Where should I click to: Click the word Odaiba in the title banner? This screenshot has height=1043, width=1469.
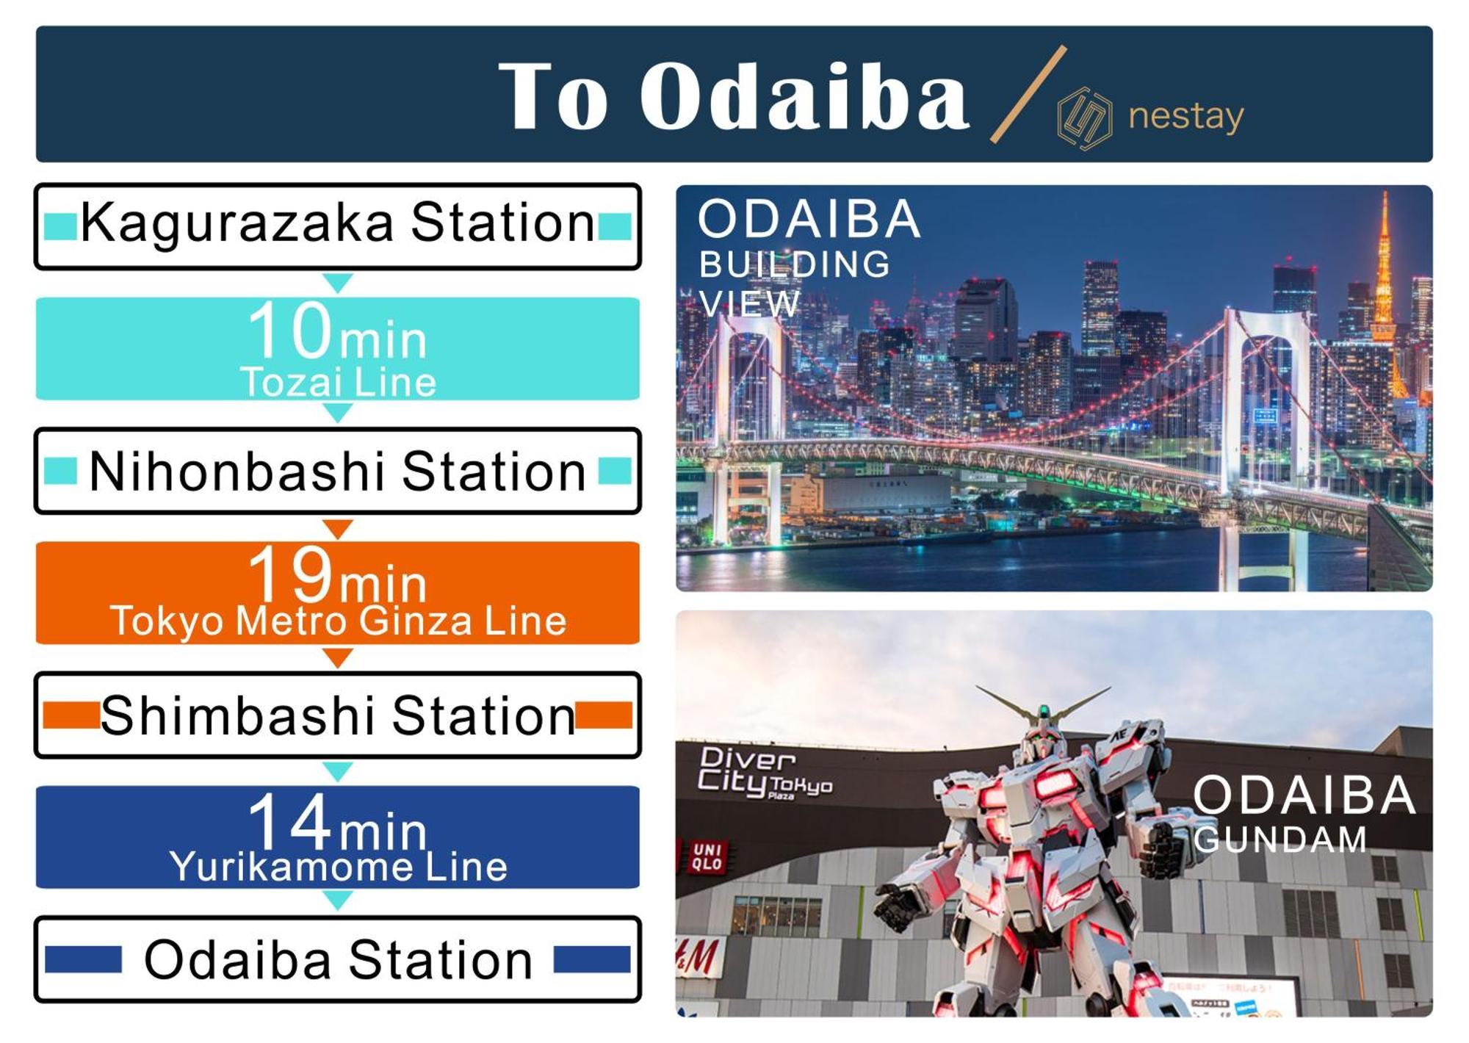pos(804,96)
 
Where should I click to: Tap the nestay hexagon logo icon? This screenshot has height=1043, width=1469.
pos(1084,118)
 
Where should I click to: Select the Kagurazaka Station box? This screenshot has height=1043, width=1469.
pos(338,226)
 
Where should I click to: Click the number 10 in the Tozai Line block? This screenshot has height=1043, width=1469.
pos(290,330)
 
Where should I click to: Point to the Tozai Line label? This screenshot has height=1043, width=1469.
pos(338,382)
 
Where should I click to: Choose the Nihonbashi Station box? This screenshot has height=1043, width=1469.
pos(338,471)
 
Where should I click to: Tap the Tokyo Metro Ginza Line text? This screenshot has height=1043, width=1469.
pos(338,621)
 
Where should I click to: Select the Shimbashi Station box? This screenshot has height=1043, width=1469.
pos(338,715)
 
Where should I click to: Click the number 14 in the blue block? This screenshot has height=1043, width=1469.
pos(290,820)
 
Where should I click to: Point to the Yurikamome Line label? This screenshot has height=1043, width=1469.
pos(338,867)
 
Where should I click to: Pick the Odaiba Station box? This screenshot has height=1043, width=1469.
pos(338,959)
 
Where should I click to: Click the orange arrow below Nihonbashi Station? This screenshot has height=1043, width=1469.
pos(338,528)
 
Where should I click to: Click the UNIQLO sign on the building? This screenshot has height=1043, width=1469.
pos(707,857)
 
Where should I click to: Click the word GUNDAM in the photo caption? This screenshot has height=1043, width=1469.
pos(1279,840)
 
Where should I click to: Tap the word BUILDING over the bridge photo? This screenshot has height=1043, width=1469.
pos(795,264)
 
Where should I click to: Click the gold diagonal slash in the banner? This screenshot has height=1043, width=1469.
pos(1028,93)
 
